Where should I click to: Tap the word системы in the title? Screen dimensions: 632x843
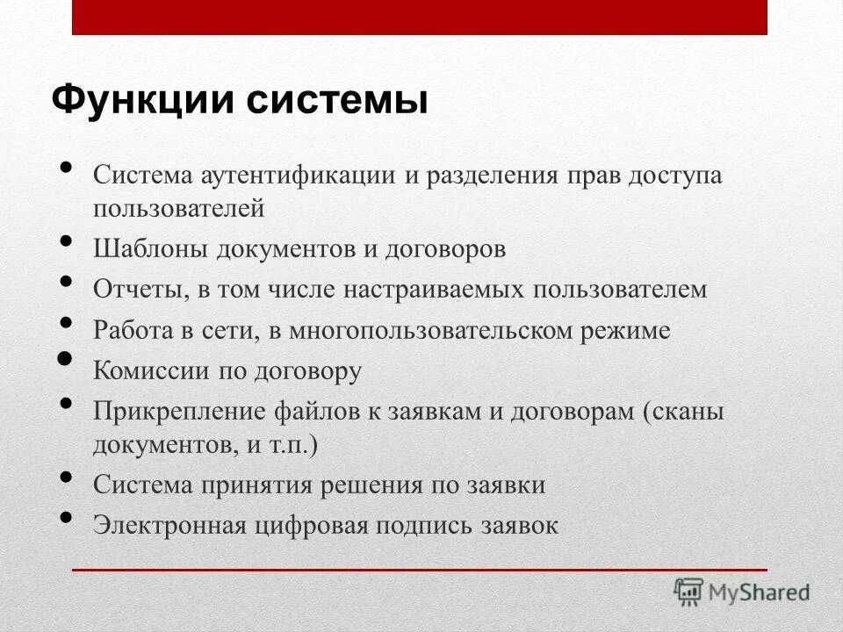336,100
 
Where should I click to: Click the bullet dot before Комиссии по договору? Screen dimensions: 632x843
65,359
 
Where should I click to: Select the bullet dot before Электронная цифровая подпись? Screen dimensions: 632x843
67,518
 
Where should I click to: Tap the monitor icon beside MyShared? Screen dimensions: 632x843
689,592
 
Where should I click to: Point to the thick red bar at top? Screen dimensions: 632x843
420,18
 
